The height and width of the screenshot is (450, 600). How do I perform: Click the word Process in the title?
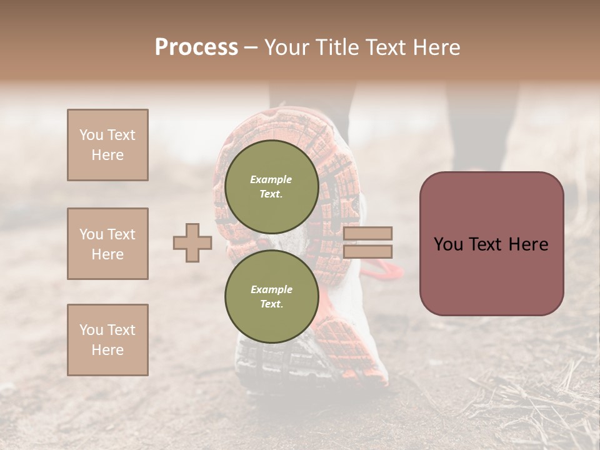pos(196,47)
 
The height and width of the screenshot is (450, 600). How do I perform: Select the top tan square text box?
pos(107,145)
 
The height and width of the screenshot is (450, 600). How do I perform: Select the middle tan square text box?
pos(107,244)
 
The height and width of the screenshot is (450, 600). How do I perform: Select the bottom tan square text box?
pos(107,340)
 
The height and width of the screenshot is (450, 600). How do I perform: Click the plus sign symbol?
pos(192,242)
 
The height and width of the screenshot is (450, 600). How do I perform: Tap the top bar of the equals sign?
pos(367,233)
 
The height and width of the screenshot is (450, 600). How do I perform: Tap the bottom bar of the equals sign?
pos(367,251)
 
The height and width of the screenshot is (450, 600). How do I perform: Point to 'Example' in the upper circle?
pos(271,179)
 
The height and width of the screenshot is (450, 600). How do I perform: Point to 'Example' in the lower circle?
pos(271,289)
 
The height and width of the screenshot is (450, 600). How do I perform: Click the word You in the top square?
pos(91,135)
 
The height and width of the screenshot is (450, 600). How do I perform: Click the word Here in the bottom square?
pos(107,350)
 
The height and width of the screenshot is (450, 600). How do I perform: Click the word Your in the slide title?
pos(288,47)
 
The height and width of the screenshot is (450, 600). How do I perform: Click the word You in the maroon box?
pos(448,244)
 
